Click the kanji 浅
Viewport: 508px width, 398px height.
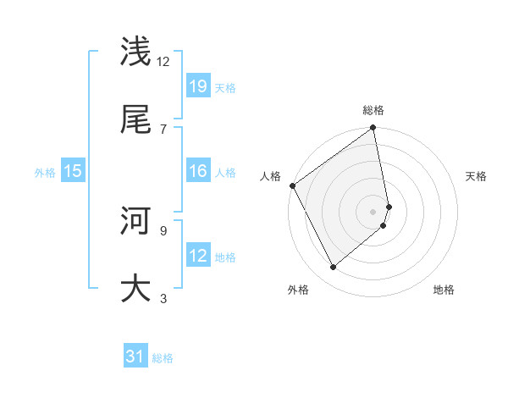tap(135, 53)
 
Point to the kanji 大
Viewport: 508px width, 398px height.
tap(135, 288)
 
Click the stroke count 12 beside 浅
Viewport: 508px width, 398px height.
tap(163, 61)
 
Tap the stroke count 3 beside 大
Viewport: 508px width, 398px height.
tap(163, 297)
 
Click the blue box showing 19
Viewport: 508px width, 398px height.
tap(198, 86)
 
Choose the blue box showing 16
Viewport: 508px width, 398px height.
tap(198, 171)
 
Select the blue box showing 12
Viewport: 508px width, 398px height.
tap(198, 256)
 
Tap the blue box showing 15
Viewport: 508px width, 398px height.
tap(73, 171)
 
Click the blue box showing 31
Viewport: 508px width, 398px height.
tap(135, 357)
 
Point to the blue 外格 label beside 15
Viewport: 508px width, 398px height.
tap(45, 172)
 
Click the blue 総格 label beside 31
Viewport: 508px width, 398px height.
tap(163, 358)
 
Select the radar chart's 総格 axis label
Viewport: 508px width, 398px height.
tap(373, 110)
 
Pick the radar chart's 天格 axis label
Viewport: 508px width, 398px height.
tap(477, 176)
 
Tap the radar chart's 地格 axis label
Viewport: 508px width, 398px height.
tap(444, 290)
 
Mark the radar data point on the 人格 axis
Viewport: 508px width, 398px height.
tap(292, 185)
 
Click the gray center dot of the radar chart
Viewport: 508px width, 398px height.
tap(373, 211)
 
